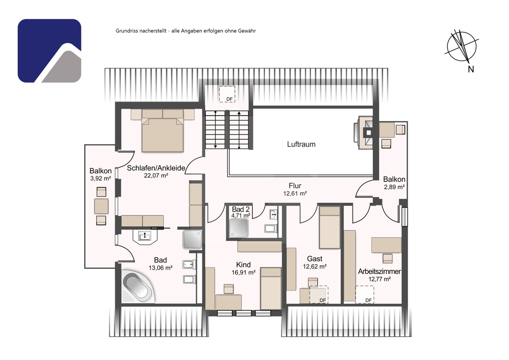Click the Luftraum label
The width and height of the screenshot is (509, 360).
[x=301, y=144]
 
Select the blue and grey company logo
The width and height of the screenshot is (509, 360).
[x=49, y=51]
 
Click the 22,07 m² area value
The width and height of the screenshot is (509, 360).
[x=156, y=176]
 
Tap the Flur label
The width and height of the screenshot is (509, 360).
[x=295, y=186]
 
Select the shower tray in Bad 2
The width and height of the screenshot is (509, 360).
[x=238, y=228]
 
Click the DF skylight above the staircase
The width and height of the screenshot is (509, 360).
[x=227, y=94]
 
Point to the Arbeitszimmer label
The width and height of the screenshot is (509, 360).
[x=380, y=271]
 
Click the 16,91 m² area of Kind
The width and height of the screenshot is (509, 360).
[x=243, y=272]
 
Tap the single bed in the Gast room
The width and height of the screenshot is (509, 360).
[x=330, y=227]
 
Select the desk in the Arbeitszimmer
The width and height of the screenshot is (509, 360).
[x=386, y=245]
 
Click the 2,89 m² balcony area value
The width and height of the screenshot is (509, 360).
[x=394, y=187]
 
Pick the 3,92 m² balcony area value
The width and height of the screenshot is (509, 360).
[x=101, y=178]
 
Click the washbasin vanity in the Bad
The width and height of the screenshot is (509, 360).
[x=145, y=236]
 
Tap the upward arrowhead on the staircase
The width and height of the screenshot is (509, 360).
[x=239, y=113]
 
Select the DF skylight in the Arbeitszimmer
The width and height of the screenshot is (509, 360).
[x=365, y=295]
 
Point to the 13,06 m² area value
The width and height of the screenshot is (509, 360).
[x=160, y=268]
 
